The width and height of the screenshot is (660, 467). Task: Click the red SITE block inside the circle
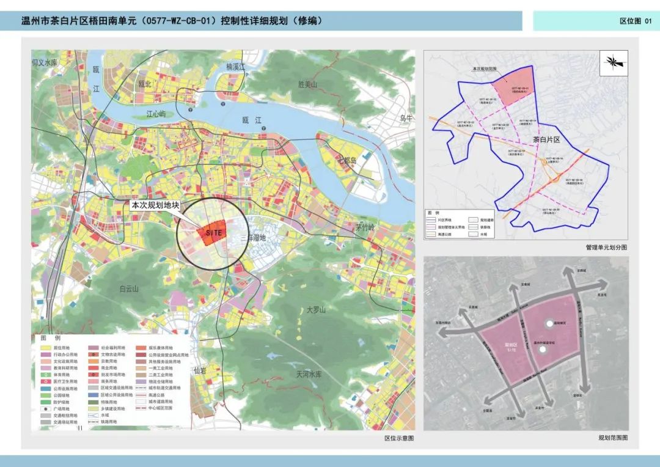tap(211, 233)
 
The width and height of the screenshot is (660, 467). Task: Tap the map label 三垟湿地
tap(252, 237)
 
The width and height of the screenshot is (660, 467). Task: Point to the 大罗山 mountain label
tap(317, 310)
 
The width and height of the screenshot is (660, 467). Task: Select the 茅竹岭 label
tap(368, 227)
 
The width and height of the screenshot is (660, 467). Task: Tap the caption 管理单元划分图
tap(606, 248)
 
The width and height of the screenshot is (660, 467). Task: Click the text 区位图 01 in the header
tap(636, 21)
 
